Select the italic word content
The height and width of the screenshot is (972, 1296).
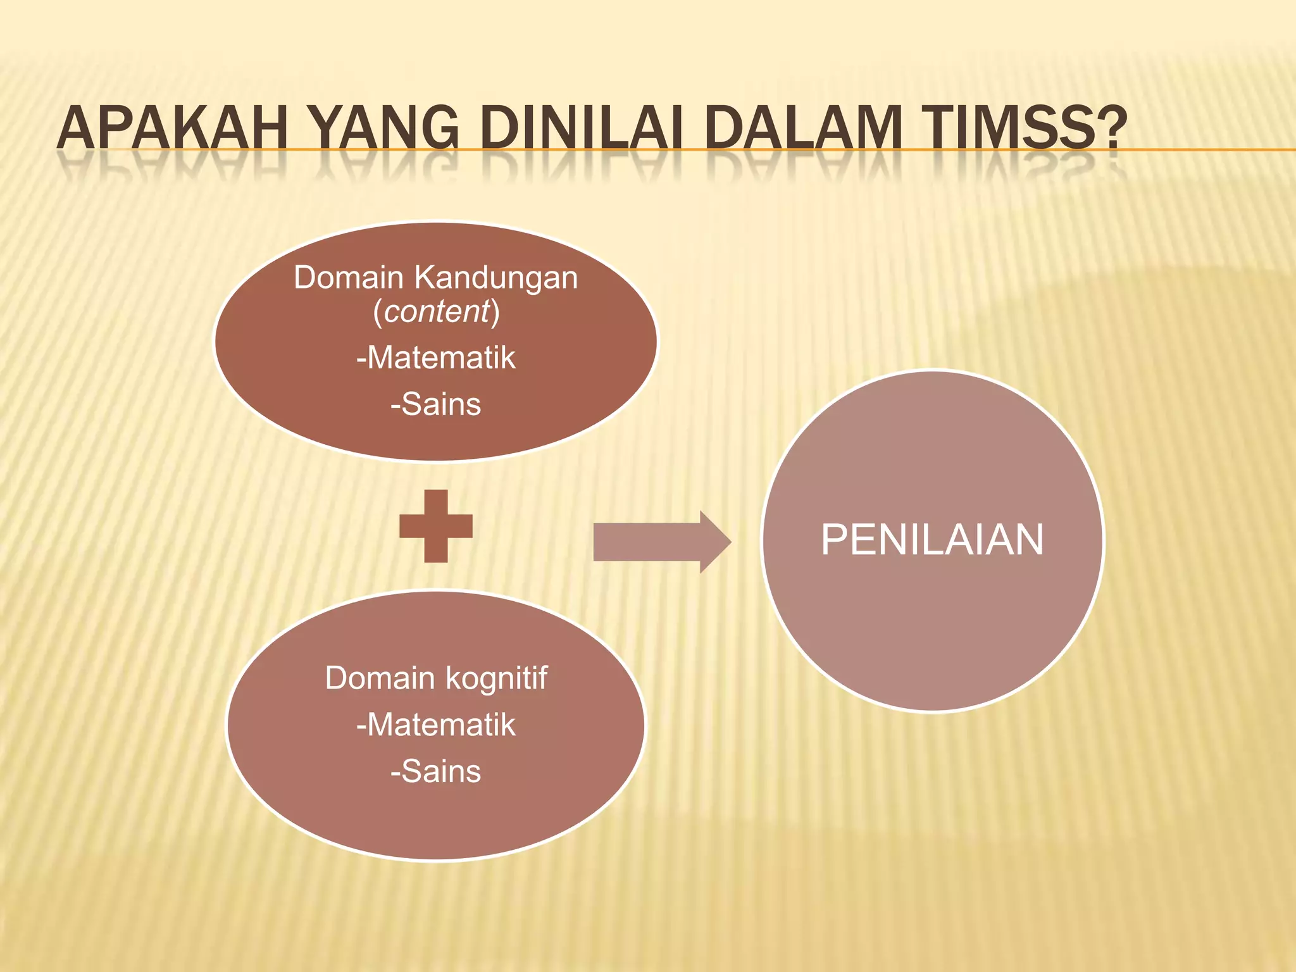[437, 311]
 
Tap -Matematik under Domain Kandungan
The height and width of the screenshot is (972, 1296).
[436, 358]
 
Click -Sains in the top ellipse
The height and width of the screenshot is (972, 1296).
[436, 404]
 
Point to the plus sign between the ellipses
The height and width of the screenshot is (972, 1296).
[436, 526]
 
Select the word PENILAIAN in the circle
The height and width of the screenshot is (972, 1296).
[932, 540]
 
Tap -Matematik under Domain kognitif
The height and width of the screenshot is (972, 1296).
[436, 725]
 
